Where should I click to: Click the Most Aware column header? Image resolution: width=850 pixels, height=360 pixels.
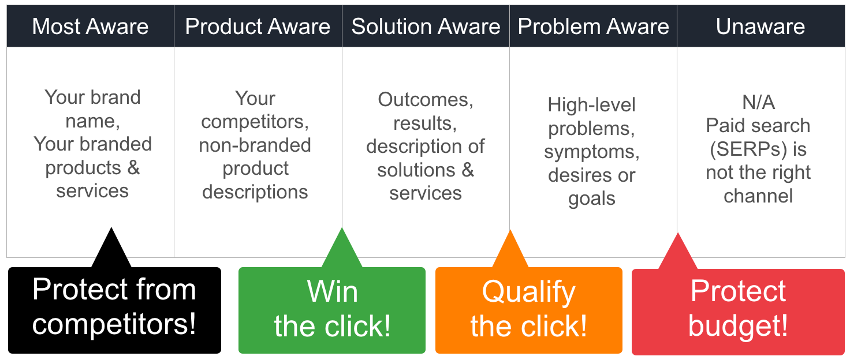click(90, 27)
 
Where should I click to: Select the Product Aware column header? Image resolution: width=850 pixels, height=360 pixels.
click(258, 27)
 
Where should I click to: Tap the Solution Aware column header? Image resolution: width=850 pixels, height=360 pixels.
click(426, 27)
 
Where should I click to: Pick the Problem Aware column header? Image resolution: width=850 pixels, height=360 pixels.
click(593, 27)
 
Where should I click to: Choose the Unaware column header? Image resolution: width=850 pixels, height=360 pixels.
click(760, 27)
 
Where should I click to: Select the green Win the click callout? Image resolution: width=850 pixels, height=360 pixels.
click(332, 310)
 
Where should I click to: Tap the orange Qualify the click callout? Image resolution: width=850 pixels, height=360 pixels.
click(528, 310)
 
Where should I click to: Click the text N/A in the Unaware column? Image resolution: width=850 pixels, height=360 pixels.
click(758, 103)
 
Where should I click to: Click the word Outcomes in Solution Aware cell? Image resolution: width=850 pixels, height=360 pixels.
click(426, 100)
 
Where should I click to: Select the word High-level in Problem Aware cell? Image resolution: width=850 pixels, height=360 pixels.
click(591, 105)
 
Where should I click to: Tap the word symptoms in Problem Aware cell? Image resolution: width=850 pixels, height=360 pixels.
click(591, 152)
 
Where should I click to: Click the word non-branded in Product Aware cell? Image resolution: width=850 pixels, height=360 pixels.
click(255, 145)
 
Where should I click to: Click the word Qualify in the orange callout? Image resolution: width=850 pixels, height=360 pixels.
click(528, 292)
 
